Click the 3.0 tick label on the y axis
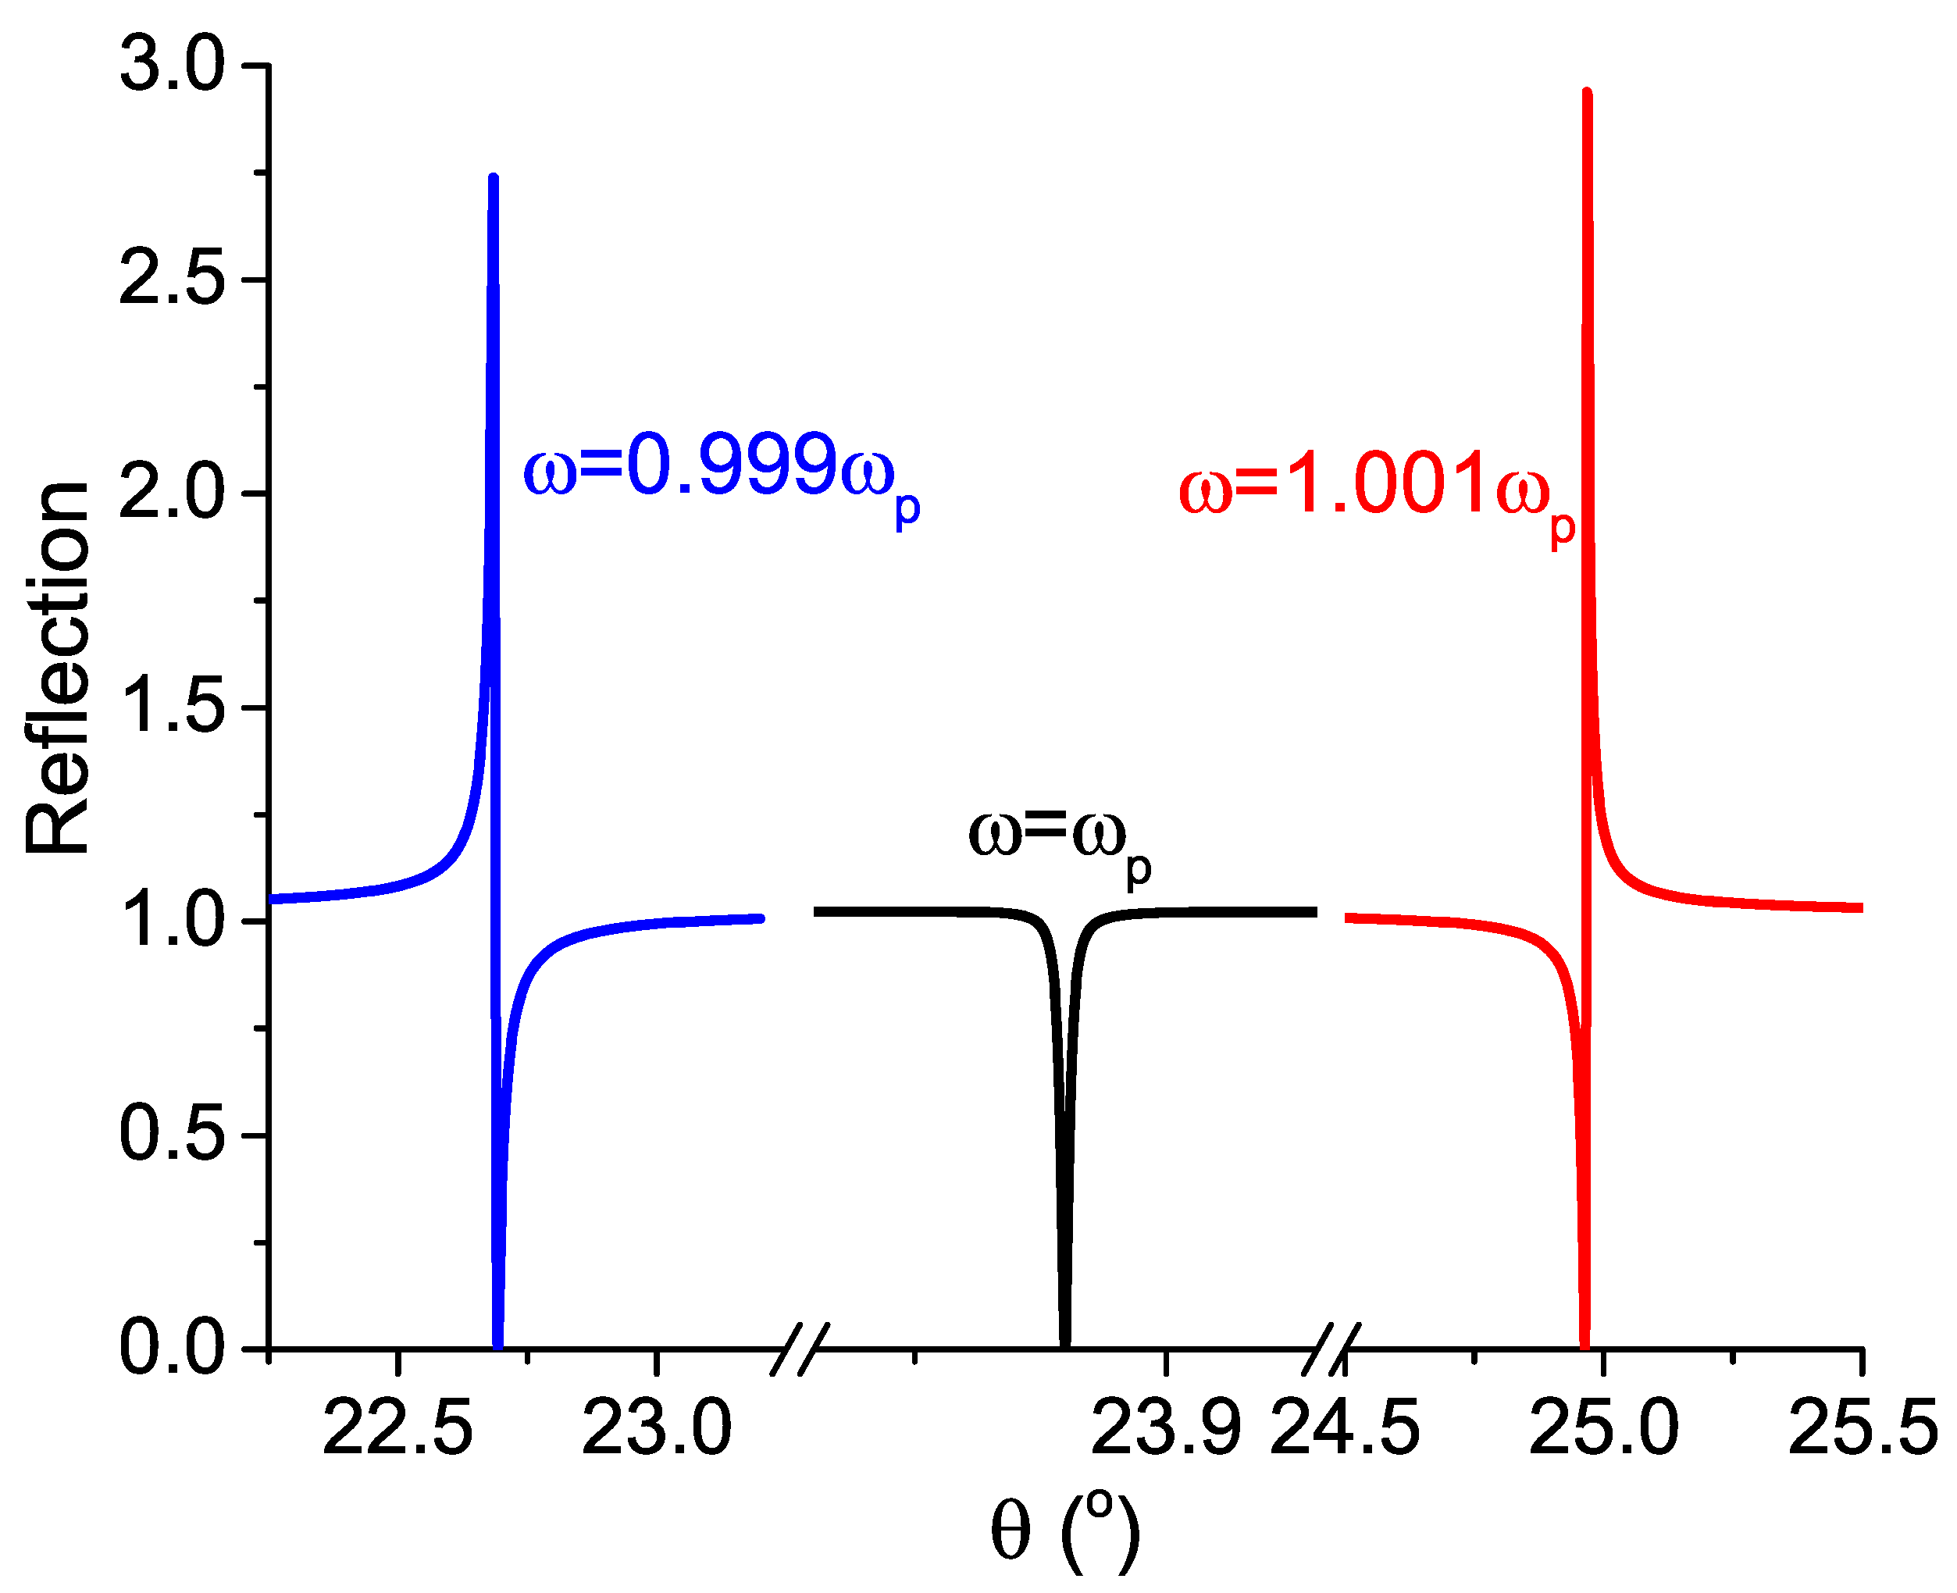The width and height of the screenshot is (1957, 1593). pyautogui.click(x=172, y=66)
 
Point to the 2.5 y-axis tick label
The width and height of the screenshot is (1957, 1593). pyautogui.click(x=172, y=279)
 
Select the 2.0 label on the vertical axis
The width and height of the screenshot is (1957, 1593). pyautogui.click(x=172, y=494)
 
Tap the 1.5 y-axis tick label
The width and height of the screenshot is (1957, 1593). pyautogui.click(x=172, y=707)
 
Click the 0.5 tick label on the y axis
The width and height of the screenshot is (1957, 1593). pyautogui.click(x=172, y=1135)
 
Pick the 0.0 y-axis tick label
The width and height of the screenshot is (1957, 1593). pyautogui.click(x=172, y=1349)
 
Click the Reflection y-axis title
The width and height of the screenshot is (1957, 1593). pyautogui.click(x=57, y=668)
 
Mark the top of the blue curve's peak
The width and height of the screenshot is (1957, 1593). pyautogui.click(x=494, y=177)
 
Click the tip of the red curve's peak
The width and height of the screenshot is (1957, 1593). pyautogui.click(x=1588, y=93)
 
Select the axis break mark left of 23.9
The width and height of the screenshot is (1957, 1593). pyautogui.click(x=800, y=1349)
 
